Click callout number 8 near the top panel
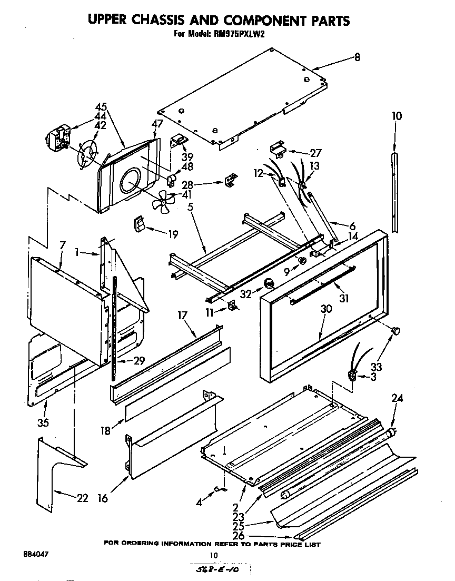click(x=357, y=58)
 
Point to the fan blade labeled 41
click(x=164, y=200)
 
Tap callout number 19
click(x=173, y=235)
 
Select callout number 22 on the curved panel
click(x=82, y=498)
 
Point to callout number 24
click(x=397, y=399)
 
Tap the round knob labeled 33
click(x=395, y=330)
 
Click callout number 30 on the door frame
click(x=326, y=309)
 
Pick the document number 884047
click(x=34, y=555)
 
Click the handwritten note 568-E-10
click(x=219, y=571)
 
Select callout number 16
click(x=103, y=498)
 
